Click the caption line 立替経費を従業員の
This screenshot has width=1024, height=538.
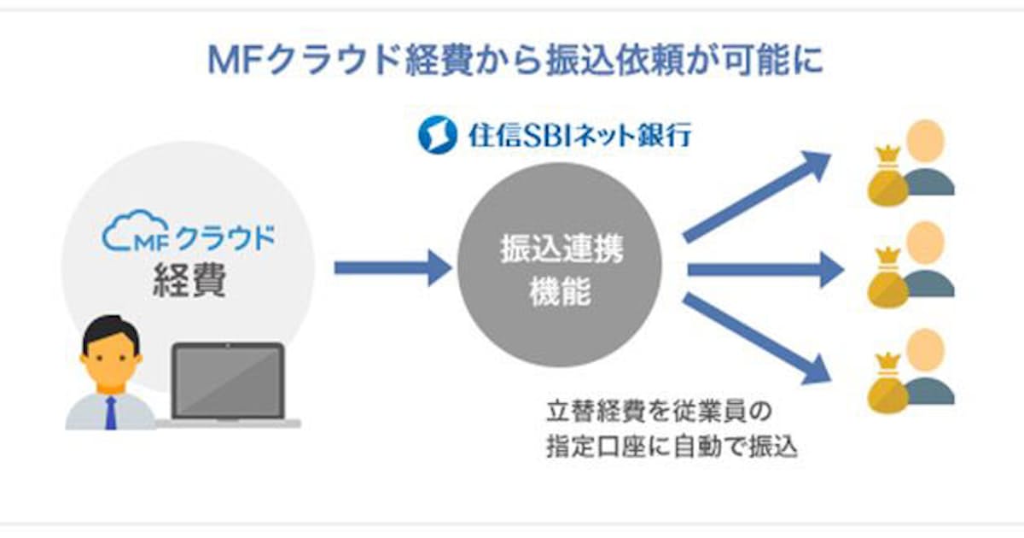click(659, 412)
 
